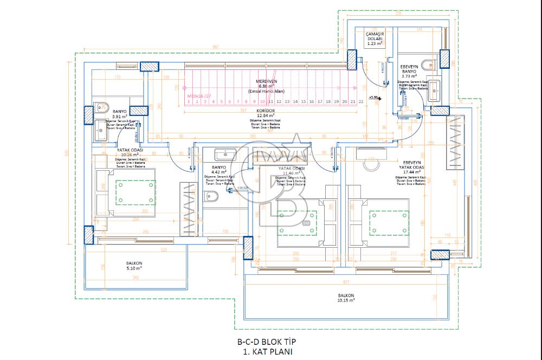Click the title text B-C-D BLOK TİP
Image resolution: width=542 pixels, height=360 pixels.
tap(266, 342)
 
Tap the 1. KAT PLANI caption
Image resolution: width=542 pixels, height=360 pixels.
tap(266, 351)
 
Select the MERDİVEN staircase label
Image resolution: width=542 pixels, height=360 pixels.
tap(266, 81)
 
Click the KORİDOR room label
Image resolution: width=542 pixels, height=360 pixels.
tap(266, 110)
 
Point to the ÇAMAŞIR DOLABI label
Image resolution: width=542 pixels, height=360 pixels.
tap(375, 36)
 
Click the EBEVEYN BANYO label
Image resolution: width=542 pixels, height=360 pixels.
tap(408, 68)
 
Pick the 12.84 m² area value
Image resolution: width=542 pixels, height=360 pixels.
tap(266, 115)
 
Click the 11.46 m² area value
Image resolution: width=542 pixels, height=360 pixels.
tap(291, 173)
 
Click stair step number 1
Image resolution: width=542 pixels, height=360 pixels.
tap(189, 101)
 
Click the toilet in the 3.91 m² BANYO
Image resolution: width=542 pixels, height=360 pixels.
tap(102, 107)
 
